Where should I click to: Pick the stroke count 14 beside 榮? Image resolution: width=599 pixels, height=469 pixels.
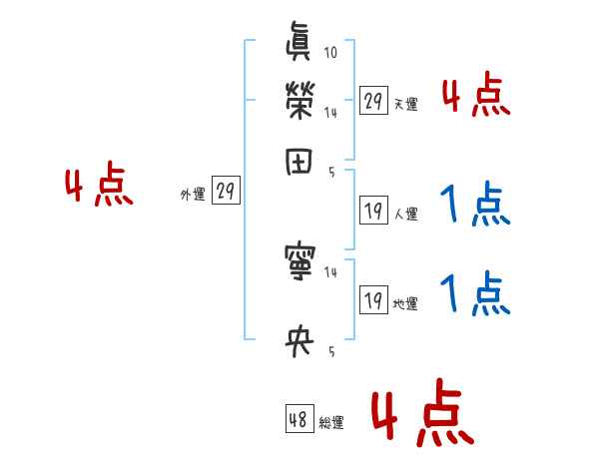pos(330,113)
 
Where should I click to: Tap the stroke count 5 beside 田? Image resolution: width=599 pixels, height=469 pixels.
pos(330,172)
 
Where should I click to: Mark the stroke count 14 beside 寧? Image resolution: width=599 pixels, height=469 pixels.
pos(330,270)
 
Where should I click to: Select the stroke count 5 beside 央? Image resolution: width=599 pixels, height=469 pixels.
pos(330,350)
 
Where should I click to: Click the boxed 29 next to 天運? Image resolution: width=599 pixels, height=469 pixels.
pos(373,101)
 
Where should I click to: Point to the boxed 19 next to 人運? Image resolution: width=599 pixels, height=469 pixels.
pos(373,210)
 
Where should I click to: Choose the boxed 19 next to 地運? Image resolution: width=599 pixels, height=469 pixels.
pos(373,299)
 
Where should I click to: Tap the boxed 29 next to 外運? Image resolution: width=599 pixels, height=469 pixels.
pos(227,192)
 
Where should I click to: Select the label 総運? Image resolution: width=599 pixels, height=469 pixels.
pos(331,423)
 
